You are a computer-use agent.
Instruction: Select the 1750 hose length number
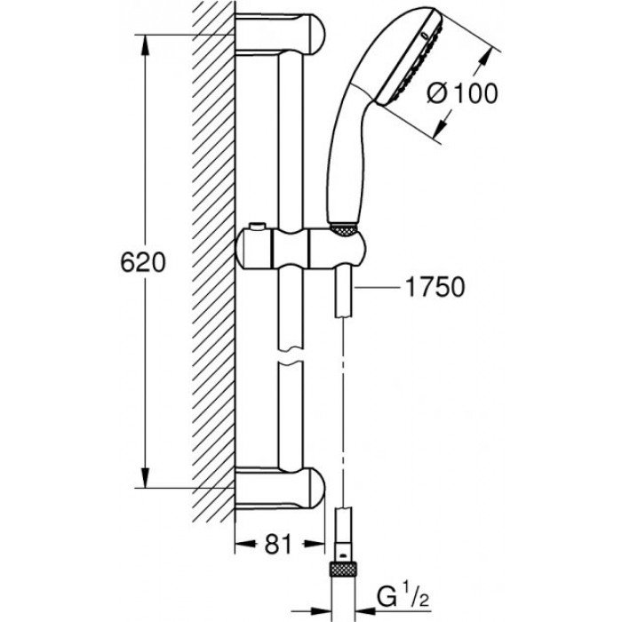434,287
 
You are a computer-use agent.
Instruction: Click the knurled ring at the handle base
340,229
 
